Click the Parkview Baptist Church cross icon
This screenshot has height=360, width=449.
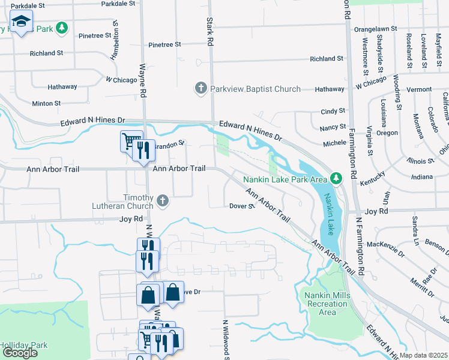201,89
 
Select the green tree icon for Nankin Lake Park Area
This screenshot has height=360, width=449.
337,178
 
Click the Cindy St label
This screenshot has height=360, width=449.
333,111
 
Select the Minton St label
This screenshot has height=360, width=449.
46,103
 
